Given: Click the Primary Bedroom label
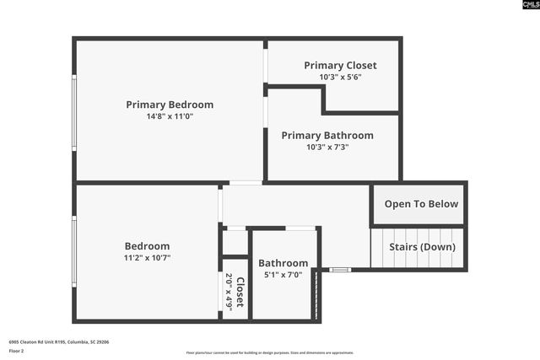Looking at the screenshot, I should click(170, 105).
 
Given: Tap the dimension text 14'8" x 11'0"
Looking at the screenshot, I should click(170, 116).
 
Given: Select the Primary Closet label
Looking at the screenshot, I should click(341, 65).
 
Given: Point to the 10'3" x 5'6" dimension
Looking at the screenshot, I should click(341, 77).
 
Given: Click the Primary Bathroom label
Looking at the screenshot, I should click(327, 135).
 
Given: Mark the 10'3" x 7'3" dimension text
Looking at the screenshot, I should click(327, 147).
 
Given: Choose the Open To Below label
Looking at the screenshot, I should click(421, 204).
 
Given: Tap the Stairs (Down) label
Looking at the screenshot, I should click(422, 247).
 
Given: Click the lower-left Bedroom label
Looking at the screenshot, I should click(148, 246).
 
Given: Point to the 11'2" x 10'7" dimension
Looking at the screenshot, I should click(148, 258).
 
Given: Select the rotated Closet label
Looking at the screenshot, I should click(240, 292).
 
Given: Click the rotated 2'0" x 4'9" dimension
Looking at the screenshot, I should click(229, 292).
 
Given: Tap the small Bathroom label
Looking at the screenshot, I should click(283, 263).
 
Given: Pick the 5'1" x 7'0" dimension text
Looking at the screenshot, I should click(283, 275).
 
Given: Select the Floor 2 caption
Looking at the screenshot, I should click(17, 351).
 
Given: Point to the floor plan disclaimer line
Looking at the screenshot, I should click(270, 353).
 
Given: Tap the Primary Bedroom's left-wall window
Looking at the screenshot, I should click(74, 113).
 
